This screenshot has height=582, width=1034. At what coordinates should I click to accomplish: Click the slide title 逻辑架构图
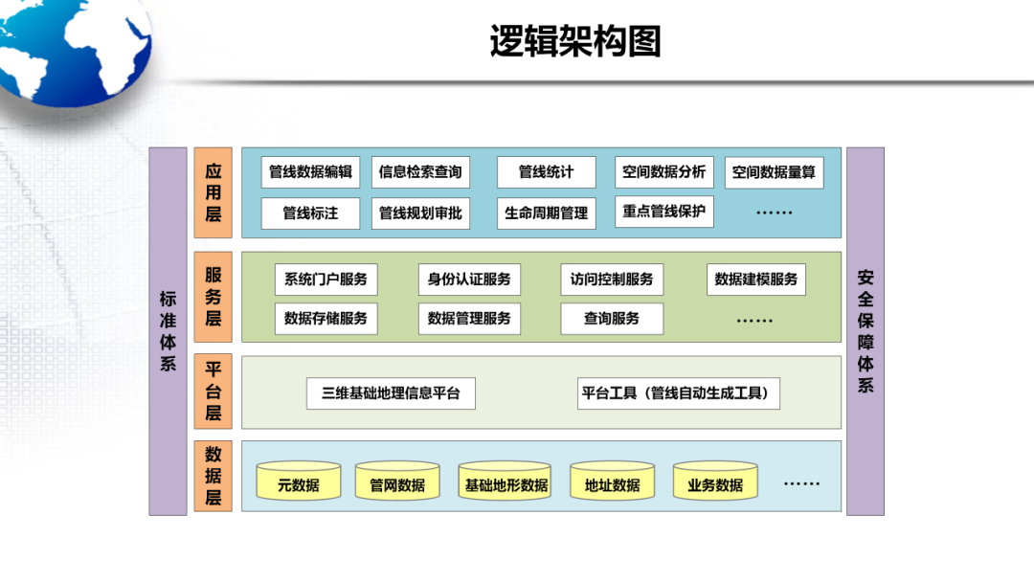575,42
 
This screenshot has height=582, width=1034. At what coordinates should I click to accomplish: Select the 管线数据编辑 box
310,172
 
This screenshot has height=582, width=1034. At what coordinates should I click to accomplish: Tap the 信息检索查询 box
419,172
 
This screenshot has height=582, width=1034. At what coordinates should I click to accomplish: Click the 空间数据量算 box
774,173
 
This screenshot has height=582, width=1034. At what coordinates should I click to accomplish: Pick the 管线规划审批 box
419,213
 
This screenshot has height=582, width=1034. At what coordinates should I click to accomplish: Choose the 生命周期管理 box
546,213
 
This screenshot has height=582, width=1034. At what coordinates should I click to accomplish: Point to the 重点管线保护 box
663,212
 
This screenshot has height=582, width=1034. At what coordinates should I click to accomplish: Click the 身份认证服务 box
469,280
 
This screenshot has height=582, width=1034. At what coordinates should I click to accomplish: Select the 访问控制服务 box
611,280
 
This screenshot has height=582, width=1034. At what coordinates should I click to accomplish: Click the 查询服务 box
611,319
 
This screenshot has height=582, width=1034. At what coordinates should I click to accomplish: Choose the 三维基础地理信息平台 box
391,393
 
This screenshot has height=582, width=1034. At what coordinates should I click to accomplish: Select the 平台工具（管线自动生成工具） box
678,393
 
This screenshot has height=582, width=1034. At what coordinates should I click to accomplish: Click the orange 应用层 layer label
213,192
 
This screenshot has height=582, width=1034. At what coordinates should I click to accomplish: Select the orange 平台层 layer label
213,392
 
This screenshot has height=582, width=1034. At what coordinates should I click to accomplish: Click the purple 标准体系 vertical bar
168,331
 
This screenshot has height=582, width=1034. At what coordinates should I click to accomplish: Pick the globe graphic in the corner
67,48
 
